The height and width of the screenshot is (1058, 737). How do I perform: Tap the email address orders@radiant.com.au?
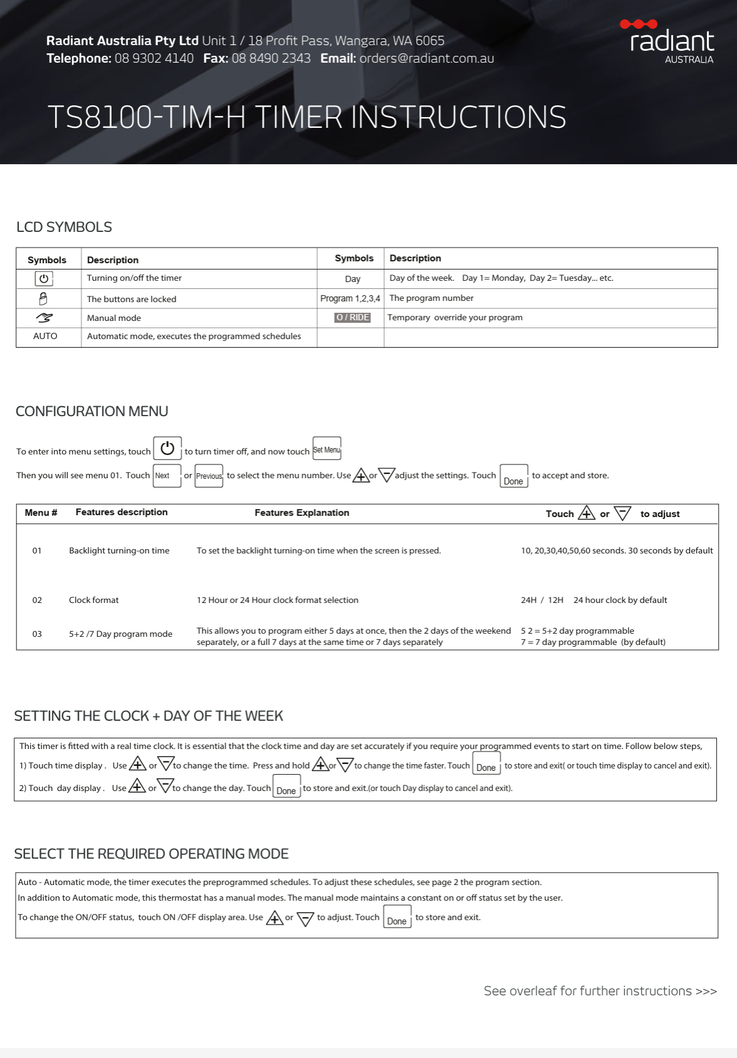point(426,58)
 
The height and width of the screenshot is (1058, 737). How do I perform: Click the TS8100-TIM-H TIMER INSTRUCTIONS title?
point(306,117)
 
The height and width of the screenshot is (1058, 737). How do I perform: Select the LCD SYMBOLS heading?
point(64,227)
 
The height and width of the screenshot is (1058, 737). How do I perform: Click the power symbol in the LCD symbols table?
point(44,278)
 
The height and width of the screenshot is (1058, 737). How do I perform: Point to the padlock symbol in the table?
point(43,298)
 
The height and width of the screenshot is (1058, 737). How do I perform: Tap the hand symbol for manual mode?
point(44,318)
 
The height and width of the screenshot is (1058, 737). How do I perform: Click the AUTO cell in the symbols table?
point(45,336)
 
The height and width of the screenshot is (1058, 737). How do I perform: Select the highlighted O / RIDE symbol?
point(352,317)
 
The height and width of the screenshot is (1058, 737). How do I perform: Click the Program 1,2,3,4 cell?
point(350,298)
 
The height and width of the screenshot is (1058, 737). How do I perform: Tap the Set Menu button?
point(327,449)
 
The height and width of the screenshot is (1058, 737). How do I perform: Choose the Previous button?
point(209,476)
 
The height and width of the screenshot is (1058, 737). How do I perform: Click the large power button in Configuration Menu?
point(167,448)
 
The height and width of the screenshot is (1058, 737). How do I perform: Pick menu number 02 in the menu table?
point(37,600)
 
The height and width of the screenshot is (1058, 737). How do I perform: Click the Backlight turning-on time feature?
point(119,550)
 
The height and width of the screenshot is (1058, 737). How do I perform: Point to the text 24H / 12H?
point(542,600)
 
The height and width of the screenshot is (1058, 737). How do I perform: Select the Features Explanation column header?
point(301,513)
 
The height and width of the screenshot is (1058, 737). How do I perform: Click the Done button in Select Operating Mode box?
point(397,918)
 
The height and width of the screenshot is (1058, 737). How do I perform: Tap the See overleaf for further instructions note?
point(600,991)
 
